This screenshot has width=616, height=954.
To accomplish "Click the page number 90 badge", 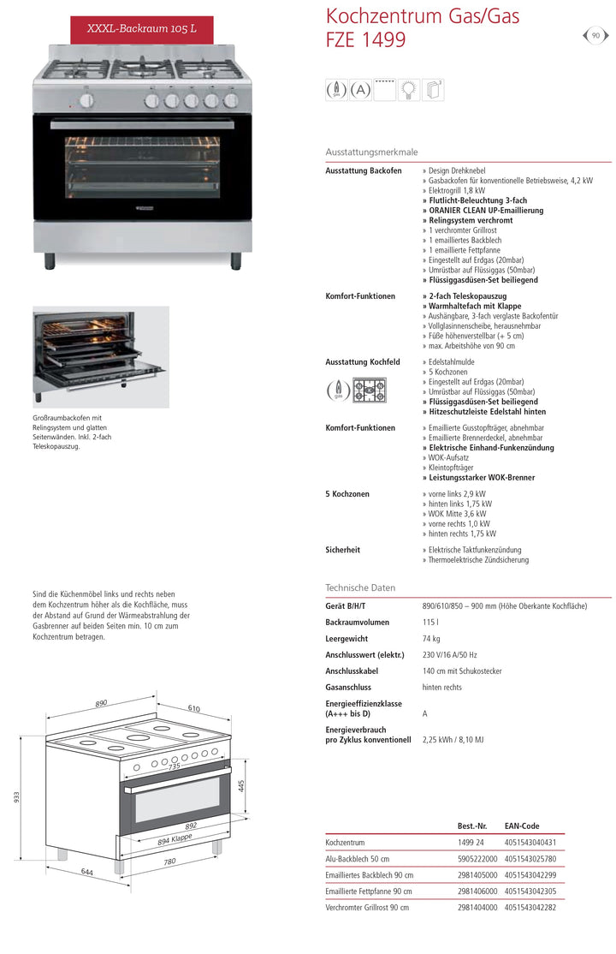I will click(595, 35).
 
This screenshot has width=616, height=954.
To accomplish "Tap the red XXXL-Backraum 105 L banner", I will click(142, 28).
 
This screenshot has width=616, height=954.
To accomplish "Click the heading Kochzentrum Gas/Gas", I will click(423, 15).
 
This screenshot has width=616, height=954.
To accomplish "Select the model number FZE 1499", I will click(366, 39).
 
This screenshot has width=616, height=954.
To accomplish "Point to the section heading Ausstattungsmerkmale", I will click(371, 152).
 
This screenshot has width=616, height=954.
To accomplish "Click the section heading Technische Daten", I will click(360, 587).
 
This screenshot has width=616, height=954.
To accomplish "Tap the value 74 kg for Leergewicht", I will click(431, 639).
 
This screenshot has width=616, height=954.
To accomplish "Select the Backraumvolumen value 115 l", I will click(430, 623).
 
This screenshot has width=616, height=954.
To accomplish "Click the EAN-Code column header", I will click(522, 826).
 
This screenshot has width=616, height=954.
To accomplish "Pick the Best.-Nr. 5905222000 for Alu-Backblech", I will click(477, 859).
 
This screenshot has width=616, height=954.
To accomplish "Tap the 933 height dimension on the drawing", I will click(16, 796).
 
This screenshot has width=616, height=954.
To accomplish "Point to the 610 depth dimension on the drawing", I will click(194, 708).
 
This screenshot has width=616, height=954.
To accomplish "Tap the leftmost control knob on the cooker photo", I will click(86, 101).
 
